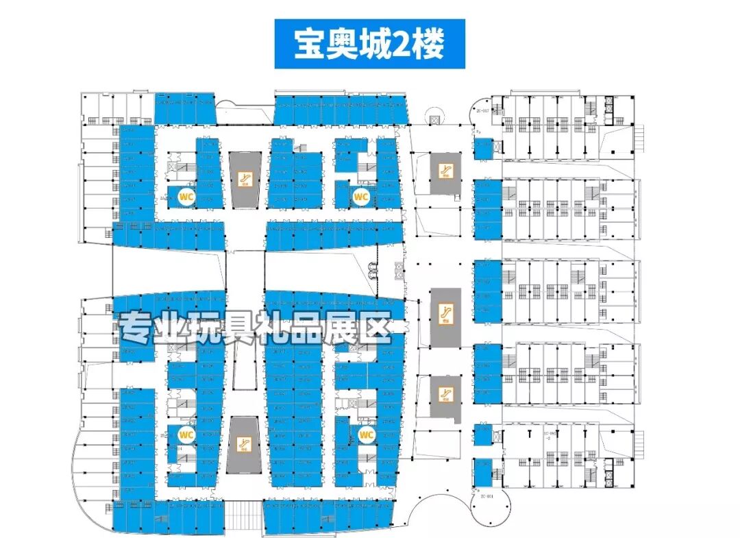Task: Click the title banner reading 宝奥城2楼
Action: tap(369, 44)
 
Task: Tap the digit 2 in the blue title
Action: tap(394, 44)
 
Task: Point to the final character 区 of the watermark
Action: tap(375, 329)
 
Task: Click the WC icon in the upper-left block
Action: tap(185, 196)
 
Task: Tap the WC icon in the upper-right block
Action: tap(361, 196)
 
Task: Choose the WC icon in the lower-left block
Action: tap(185, 434)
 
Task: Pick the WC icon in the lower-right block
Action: tap(366, 434)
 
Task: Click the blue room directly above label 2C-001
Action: tap(484, 472)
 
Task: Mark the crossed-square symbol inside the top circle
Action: tap(433, 119)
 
